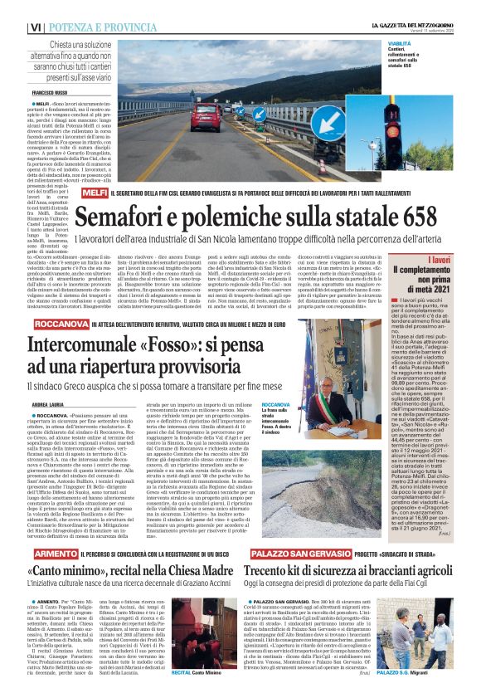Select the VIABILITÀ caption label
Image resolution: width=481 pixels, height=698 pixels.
coord(401,42)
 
